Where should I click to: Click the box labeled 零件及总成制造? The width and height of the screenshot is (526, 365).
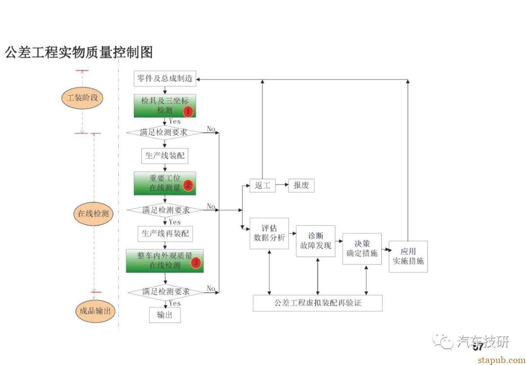(165, 79)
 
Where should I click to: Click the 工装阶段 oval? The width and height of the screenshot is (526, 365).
(82, 98)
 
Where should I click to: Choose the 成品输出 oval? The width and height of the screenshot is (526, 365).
(95, 310)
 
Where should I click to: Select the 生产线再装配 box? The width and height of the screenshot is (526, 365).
(165, 234)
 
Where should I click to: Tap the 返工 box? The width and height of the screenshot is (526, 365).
(263, 185)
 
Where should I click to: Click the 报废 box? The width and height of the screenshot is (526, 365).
(301, 185)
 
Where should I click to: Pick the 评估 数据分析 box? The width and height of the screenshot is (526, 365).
(269, 233)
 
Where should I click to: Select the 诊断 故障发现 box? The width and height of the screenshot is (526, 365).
(315, 241)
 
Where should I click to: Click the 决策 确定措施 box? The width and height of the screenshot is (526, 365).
(362, 248)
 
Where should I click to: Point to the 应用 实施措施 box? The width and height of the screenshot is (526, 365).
(408, 256)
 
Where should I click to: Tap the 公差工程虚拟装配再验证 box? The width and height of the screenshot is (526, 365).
(318, 303)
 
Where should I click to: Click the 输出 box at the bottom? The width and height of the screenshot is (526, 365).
(165, 315)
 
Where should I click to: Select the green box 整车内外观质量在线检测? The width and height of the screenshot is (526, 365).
(165, 261)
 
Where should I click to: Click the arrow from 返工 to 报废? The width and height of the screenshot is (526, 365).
(282, 185)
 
